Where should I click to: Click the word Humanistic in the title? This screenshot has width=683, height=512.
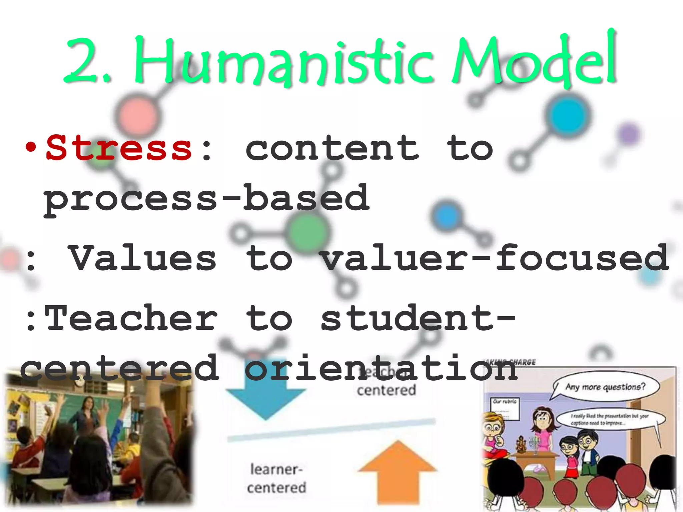(x=283, y=62)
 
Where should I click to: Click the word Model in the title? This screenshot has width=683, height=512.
(x=534, y=60)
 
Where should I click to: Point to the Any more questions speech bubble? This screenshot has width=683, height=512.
(x=605, y=387)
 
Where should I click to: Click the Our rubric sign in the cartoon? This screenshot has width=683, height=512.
(x=505, y=408)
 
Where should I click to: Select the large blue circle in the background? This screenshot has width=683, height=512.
(x=567, y=115)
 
